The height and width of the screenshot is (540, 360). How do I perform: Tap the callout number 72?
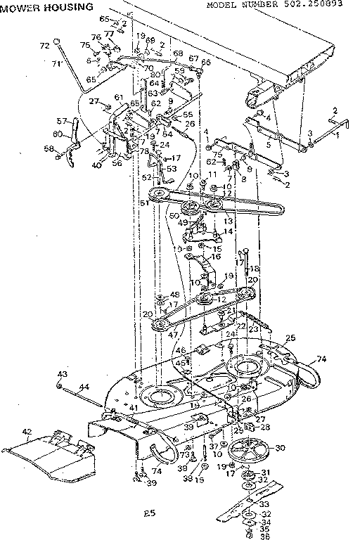44,46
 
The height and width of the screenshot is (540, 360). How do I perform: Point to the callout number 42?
27,432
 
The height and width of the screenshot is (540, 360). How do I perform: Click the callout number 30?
280,448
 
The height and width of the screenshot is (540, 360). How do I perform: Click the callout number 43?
61,373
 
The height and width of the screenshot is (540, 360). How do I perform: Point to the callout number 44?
84,387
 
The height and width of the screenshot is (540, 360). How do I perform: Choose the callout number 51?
144,203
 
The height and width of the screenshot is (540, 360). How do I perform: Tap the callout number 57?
60,121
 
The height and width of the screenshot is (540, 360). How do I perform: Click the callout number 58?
48,148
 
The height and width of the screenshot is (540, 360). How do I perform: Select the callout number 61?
119,97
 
